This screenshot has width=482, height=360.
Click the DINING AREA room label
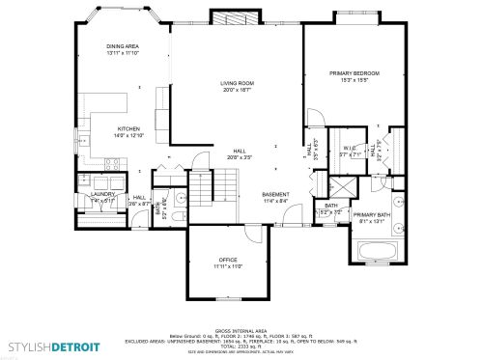[123, 46]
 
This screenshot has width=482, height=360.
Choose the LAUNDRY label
[103, 194]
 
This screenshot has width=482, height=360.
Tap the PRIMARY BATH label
[371, 214]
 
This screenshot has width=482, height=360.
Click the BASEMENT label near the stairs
[275, 195]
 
